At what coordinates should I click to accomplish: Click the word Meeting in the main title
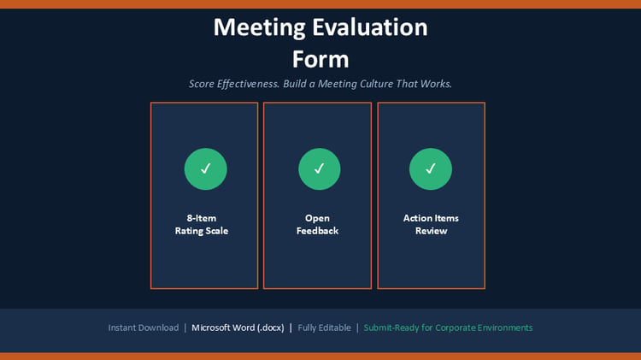pyautogui.click(x=259, y=28)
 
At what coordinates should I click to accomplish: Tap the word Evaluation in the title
pyautogui.click(x=370, y=27)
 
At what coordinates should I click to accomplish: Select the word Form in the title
pyautogui.click(x=320, y=59)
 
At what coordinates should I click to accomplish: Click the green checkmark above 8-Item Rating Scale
pyautogui.click(x=206, y=168)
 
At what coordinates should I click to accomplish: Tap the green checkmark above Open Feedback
pyautogui.click(x=320, y=168)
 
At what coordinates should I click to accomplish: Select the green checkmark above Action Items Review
pyautogui.click(x=431, y=168)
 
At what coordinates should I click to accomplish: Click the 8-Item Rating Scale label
pyautogui.click(x=202, y=225)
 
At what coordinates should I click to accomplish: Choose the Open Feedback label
pyautogui.click(x=317, y=225)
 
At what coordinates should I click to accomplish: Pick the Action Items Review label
pyautogui.click(x=431, y=225)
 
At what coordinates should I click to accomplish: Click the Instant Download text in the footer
pyautogui.click(x=144, y=328)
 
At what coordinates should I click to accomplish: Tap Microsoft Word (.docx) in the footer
pyautogui.click(x=238, y=328)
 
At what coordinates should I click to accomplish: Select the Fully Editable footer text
pyautogui.click(x=324, y=328)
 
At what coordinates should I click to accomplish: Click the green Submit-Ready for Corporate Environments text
pyautogui.click(x=448, y=328)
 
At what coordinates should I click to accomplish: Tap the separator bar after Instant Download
pyautogui.click(x=185, y=328)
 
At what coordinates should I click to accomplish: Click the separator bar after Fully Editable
pyautogui.click(x=357, y=328)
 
